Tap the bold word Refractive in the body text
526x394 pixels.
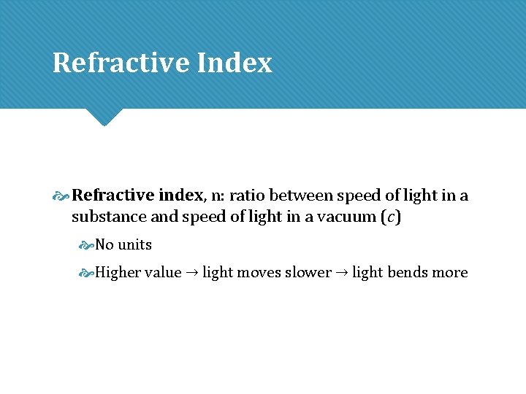113,196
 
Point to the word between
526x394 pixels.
299,196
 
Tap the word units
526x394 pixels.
134,244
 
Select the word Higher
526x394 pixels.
118,272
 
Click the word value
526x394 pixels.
163,272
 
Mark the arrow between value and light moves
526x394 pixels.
192,273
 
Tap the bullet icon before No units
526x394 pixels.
87,245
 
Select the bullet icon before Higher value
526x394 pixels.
87,273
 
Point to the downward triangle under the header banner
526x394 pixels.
103,116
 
